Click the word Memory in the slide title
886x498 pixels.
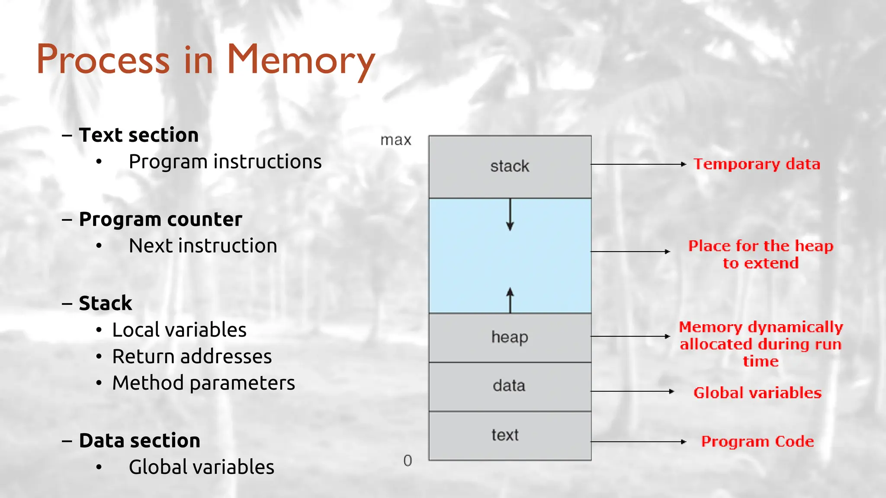click(x=300, y=61)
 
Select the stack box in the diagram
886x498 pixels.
click(x=510, y=166)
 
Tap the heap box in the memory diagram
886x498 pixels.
click(x=510, y=337)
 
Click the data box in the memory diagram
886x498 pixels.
click(x=510, y=386)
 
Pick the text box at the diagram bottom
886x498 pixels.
click(x=510, y=435)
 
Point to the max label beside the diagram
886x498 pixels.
click(x=395, y=140)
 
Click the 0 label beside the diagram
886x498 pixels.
click(x=408, y=461)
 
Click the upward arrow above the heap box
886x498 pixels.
click(x=510, y=300)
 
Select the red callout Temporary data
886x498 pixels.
click(x=757, y=164)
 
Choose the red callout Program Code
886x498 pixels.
click(x=757, y=441)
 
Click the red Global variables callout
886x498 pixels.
click(x=757, y=393)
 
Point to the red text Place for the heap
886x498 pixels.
click(x=761, y=246)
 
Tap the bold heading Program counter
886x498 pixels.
click(x=161, y=219)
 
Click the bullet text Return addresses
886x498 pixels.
click(x=192, y=357)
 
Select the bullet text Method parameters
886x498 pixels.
click(x=203, y=383)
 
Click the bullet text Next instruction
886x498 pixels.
click(x=203, y=246)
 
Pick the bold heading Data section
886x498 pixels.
click(x=139, y=441)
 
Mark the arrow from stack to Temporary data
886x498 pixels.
click(x=638, y=164)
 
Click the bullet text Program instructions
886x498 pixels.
click(x=225, y=162)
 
